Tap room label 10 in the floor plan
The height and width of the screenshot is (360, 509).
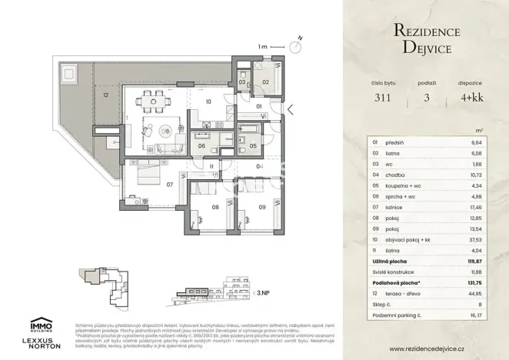click(x=208, y=100)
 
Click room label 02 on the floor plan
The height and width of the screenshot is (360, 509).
click(x=265, y=82)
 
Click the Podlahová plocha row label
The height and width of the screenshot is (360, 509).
click(x=398, y=282)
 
